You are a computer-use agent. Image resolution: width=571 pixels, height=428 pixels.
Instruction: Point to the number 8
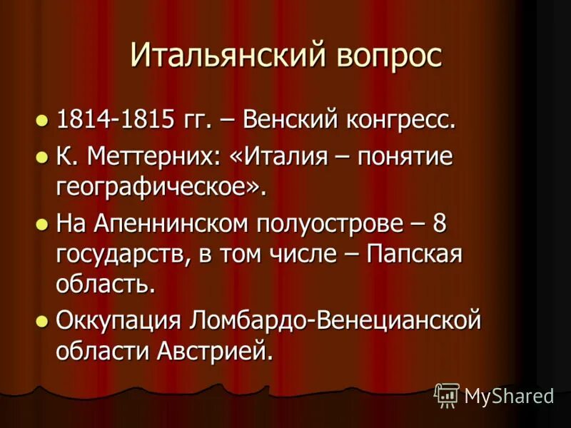pyautogui.click(x=440, y=224)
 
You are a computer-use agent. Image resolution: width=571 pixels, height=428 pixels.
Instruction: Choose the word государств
pyautogui.click(x=116, y=255)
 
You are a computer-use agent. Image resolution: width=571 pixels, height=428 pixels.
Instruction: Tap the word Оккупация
pyautogui.click(x=118, y=321)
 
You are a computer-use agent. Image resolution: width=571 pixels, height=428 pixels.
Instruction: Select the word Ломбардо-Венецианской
pyautogui.click(x=335, y=321)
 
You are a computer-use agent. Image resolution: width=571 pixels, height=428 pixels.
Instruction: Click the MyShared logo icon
pyautogui.click(x=447, y=395)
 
